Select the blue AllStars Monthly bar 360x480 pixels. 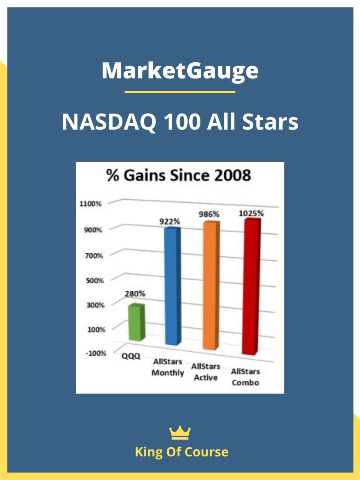173,286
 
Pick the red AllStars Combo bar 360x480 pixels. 252,287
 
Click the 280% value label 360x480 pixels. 135,294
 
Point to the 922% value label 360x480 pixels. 170,222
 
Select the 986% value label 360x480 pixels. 209,214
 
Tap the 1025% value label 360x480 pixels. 251,213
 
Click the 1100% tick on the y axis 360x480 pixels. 90,204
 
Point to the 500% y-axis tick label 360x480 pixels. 95,280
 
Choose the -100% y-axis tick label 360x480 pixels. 96,353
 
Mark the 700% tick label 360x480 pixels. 94,256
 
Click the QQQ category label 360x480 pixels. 131,356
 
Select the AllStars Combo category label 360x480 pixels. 246,377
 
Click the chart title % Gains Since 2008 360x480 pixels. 178,175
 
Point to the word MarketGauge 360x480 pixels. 180,71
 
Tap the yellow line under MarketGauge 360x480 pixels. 180,92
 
